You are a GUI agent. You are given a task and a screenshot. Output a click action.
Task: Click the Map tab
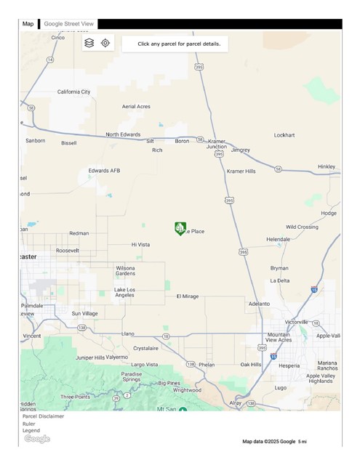coord(28,24)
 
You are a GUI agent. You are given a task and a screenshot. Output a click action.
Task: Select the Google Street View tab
coord(68,24)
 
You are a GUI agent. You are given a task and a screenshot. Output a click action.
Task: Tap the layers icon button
coord(89,43)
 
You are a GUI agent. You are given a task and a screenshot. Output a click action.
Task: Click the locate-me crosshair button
coord(105,43)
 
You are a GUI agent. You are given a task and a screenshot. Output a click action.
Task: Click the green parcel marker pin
coord(180,228)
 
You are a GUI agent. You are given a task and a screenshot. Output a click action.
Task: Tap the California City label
coord(74,92)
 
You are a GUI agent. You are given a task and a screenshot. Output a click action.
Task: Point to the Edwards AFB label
coord(104,171)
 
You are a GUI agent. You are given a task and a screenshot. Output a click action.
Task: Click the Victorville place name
coord(297,322)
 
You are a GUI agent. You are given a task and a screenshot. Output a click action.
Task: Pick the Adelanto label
coord(258,304)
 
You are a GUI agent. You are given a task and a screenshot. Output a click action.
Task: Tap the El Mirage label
coord(188,296)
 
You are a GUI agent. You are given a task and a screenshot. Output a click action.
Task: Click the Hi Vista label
coord(140,245)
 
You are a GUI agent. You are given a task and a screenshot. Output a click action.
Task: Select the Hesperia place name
coord(289,365)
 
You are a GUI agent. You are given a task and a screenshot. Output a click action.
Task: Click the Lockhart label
coord(284,135)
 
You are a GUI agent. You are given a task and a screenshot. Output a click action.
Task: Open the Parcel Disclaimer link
coord(43,416)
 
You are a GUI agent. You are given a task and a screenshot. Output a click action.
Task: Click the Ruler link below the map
coord(29,424)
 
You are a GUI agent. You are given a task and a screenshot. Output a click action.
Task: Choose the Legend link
coord(31,431)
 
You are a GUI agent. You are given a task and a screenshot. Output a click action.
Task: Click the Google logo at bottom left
coord(37,439)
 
